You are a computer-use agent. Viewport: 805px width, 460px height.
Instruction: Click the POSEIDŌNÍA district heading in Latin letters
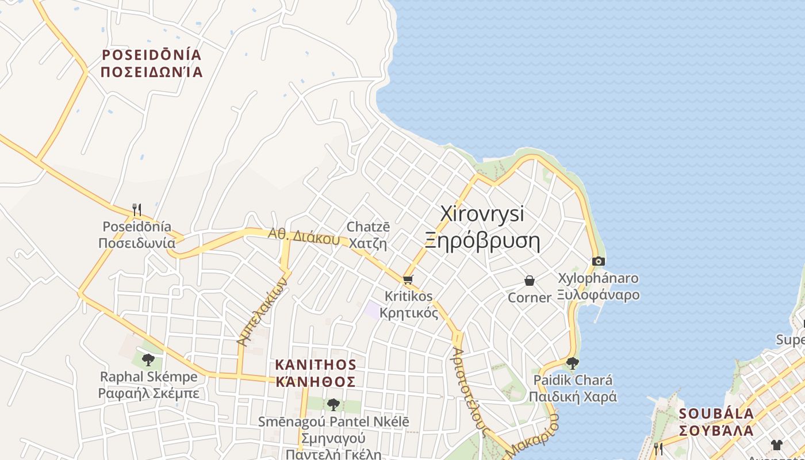coord(152,55)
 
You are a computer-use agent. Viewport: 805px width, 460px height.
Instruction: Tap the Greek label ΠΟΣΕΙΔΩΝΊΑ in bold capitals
coord(152,72)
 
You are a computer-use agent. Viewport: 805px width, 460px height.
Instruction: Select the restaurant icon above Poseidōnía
coord(137,209)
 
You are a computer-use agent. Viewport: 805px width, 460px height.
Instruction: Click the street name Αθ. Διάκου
coord(304,236)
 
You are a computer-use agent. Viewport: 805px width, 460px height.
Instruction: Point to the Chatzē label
coord(368,227)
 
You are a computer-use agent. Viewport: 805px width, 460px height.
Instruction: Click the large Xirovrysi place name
coord(482,213)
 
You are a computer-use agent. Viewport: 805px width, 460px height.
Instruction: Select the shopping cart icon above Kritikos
coord(408,280)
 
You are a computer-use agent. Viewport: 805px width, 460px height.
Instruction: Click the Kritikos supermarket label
coord(408,297)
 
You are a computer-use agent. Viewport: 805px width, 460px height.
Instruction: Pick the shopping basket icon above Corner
coord(530,281)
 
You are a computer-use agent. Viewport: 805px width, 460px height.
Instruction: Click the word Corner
coord(530,298)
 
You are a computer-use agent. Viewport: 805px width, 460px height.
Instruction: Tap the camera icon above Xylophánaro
coord(598,262)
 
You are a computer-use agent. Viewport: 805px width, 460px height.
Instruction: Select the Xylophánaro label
coord(598,278)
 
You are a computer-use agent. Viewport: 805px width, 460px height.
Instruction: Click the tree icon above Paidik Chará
coord(572,363)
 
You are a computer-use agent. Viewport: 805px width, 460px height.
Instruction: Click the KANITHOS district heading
coord(316,365)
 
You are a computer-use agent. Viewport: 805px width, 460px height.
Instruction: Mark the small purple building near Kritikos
coord(371,310)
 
